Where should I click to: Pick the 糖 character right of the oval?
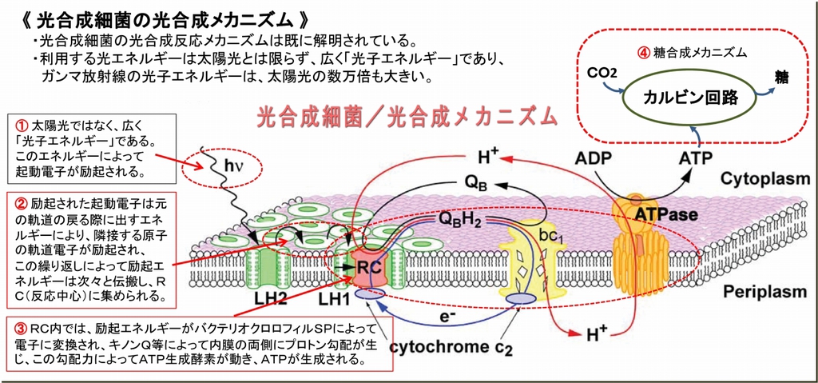click(781, 78)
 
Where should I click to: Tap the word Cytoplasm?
click(764, 179)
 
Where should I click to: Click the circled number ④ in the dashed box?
click(643, 52)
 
